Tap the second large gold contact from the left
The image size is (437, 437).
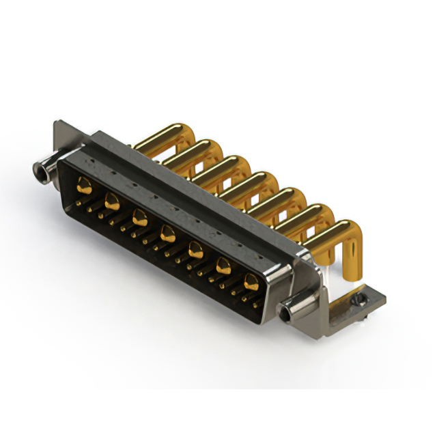click(112, 201)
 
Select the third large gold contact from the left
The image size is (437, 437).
click(140, 218)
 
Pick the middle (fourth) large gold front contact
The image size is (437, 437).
click(167, 236)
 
